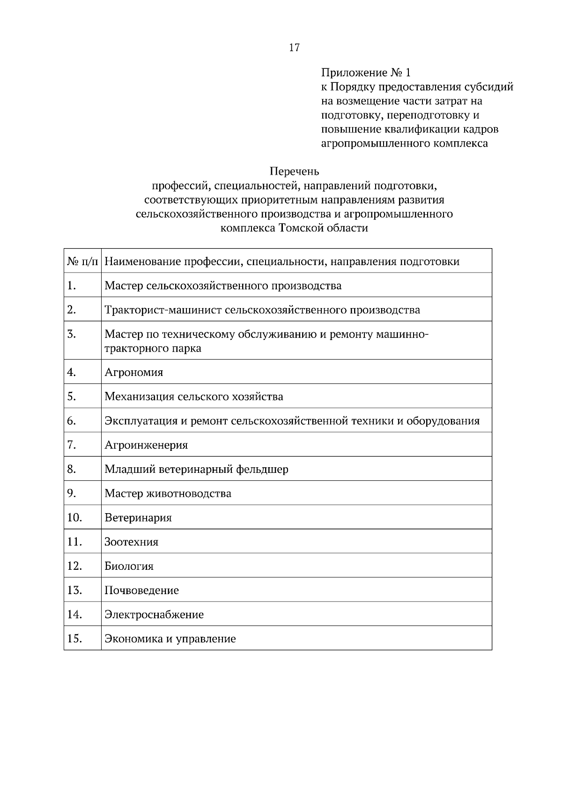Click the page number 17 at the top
[294, 47]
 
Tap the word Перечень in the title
[294, 171]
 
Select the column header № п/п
[82, 261]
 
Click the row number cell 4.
[72, 372]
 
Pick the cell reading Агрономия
[134, 373]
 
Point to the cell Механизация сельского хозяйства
[193, 397]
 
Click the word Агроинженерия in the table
[146, 445]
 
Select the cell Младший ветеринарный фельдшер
[196, 469]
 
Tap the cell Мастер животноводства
[168, 493]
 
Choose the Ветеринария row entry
[138, 518]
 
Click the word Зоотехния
[132, 542]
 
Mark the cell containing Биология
[129, 567]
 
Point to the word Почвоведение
[141, 590]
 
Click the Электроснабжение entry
[154, 615]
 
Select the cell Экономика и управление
[170, 639]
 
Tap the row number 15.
[74, 639]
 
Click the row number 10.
[74, 517]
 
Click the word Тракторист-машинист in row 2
[163, 310]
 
